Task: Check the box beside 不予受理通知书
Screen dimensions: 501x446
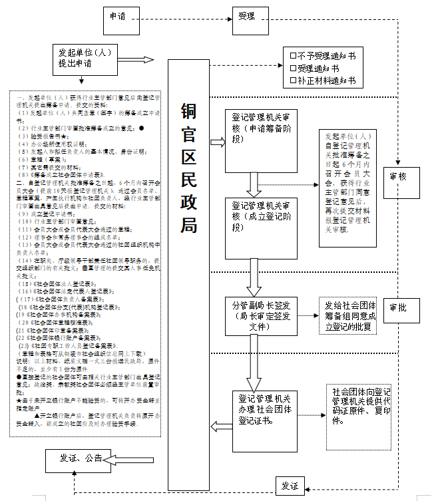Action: click(293, 56)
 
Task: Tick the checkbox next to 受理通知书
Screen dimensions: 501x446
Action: click(293, 69)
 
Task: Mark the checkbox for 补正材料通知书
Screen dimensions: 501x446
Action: click(293, 81)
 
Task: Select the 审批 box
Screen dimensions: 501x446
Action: click(400, 307)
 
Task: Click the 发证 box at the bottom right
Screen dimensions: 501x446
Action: click(290, 486)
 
